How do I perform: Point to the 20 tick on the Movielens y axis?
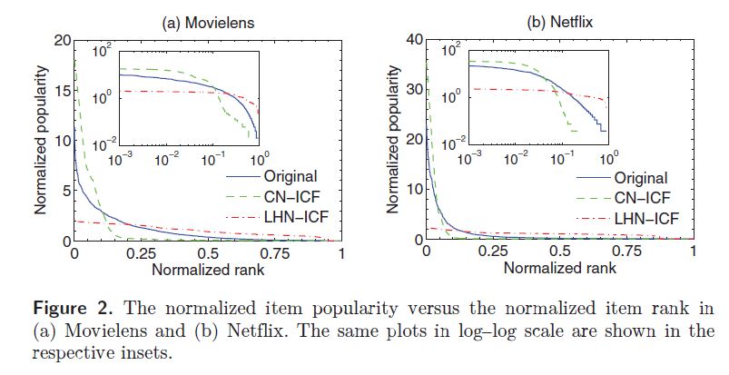coord(63,41)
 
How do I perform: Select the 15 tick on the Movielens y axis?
coord(63,91)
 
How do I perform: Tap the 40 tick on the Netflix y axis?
coord(413,41)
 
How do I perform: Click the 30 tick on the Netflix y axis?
coord(413,91)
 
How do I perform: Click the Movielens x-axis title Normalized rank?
coord(207,269)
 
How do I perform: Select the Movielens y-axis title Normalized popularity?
coord(41,141)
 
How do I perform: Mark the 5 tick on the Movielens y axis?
coord(66,191)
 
